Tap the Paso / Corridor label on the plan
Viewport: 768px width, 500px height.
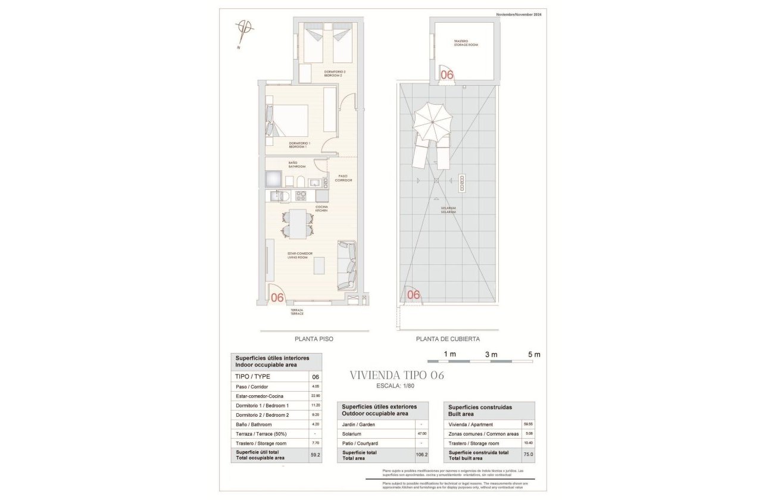tap(344, 177)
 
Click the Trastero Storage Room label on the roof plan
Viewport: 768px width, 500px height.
tap(465, 43)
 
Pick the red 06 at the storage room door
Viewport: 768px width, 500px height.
tap(447, 74)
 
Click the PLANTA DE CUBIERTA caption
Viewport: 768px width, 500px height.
tap(448, 339)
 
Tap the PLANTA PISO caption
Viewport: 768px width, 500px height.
tap(314, 339)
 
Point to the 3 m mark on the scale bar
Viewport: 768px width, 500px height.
tap(491, 355)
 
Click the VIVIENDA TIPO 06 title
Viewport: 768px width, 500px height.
tap(397, 376)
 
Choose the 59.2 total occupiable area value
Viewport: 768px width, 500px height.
tap(315, 455)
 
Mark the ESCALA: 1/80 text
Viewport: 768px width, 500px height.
tap(397, 387)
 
